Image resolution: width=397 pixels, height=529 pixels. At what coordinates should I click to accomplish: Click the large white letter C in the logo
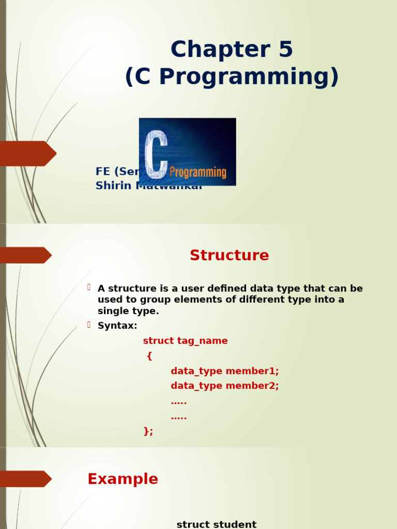[156, 154]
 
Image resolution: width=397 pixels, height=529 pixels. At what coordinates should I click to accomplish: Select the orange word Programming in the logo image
[198, 172]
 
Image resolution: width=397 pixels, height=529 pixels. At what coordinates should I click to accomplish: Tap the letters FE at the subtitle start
[103, 172]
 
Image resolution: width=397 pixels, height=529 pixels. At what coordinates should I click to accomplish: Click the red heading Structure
[229, 256]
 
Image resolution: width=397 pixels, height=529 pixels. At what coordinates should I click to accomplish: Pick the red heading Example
[123, 479]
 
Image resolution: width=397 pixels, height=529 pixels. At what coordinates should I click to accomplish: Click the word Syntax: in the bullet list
[117, 326]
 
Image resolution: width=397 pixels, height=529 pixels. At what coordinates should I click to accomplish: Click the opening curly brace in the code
[149, 356]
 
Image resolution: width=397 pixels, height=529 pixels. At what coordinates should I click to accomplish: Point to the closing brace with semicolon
[148, 431]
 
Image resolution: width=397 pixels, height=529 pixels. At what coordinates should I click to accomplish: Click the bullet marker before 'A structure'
[89, 287]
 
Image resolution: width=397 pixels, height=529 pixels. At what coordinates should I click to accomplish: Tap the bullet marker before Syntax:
[89, 325]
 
